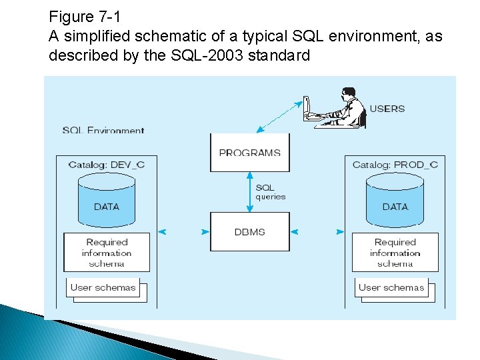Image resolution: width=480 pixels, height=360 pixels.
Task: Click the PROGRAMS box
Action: click(250, 153)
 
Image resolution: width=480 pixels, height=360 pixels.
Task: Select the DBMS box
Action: click(250, 231)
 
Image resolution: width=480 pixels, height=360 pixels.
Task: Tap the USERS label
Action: click(387, 108)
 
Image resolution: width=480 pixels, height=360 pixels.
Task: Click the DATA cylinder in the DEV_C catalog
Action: click(107, 200)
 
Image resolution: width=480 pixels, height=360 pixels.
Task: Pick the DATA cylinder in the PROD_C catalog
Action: click(395, 200)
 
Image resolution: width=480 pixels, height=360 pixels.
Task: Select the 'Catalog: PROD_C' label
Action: click(395, 165)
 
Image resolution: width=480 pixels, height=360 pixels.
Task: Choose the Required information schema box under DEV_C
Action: click(107, 252)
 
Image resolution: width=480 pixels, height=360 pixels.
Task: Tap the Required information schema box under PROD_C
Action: click(395, 252)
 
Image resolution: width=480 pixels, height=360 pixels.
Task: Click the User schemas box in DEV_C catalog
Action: click(103, 288)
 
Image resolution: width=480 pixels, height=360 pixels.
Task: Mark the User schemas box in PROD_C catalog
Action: click(391, 288)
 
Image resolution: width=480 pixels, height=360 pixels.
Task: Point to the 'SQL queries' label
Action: click(270, 192)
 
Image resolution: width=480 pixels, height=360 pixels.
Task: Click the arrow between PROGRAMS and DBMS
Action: click(250, 192)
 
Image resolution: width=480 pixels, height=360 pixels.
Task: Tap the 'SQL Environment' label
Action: click(103, 130)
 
